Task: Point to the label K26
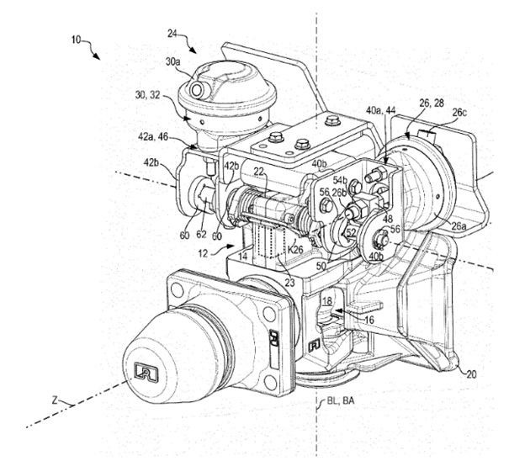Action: click(x=294, y=248)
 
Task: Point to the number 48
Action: click(x=388, y=220)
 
